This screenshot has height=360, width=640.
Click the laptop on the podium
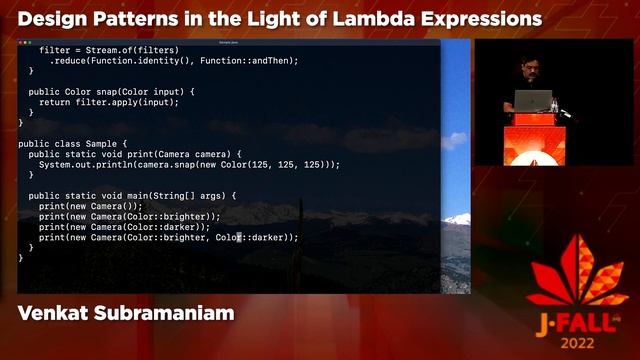(534, 101)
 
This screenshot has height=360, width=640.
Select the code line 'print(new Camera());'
(91, 206)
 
